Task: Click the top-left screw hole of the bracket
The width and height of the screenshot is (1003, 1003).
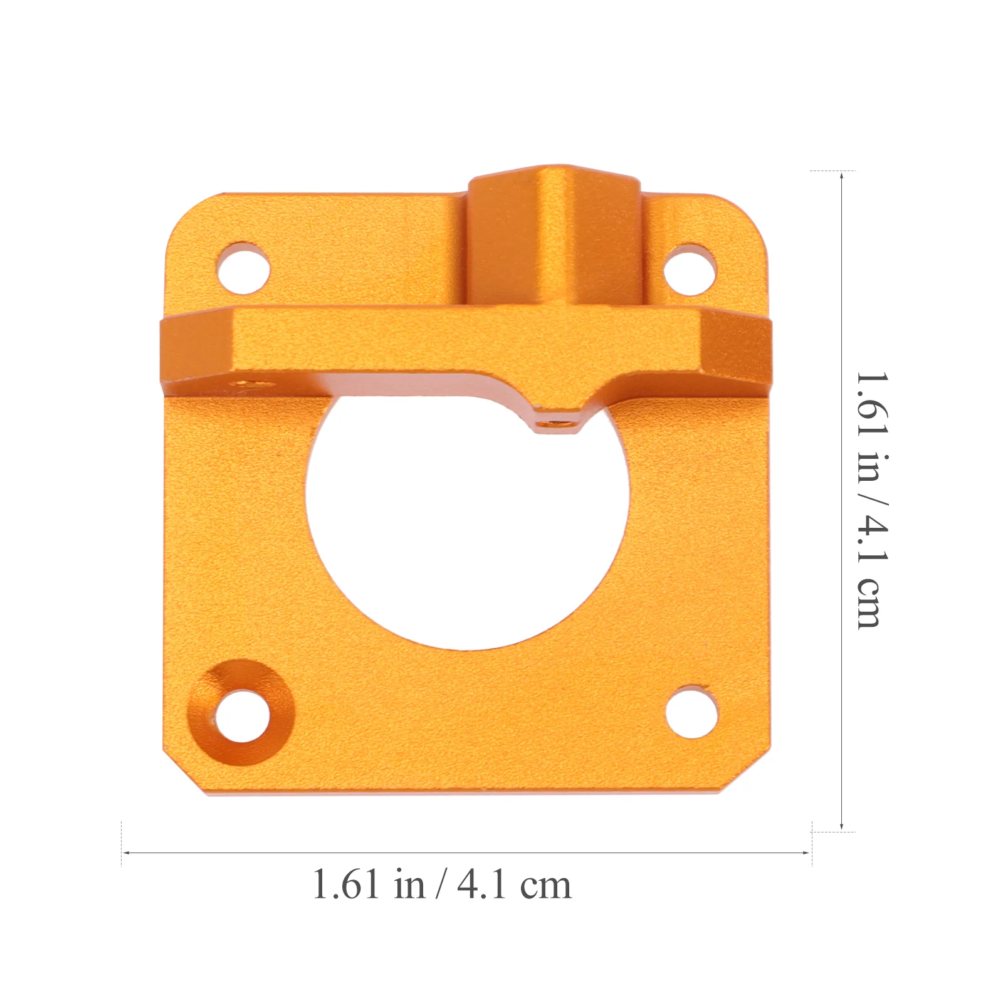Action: coord(243,268)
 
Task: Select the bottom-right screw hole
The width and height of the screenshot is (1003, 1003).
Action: coord(691,712)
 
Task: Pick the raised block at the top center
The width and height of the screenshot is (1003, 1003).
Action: coord(555,235)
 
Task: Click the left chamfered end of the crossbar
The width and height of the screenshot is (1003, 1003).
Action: coord(197,354)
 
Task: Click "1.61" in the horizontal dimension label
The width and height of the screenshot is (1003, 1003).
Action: coord(345,885)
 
